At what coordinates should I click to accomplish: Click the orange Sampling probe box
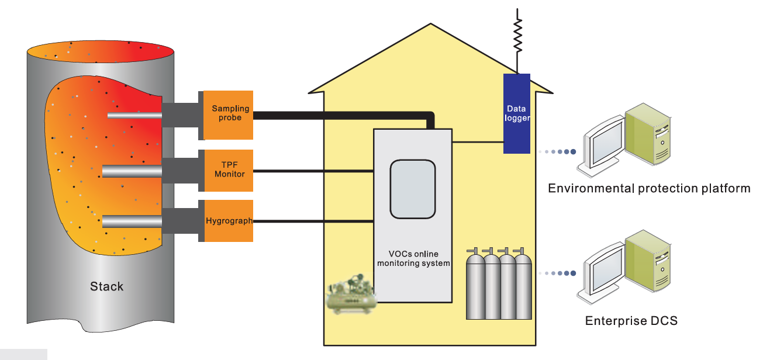tap(228, 115)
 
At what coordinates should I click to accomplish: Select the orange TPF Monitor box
tap(228, 170)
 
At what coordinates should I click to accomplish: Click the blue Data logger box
tap(517, 113)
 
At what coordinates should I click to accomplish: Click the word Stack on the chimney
tap(106, 286)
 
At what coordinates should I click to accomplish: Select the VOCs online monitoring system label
tap(413, 259)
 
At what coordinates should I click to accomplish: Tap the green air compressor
tap(350, 297)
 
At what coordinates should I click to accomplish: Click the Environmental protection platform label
tap(649, 188)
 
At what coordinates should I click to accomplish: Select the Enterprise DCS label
tap(631, 321)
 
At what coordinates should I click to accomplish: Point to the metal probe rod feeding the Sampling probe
tap(134, 115)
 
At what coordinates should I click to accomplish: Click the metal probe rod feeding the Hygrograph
tap(132, 221)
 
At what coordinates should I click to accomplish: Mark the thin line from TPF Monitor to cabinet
tap(313, 171)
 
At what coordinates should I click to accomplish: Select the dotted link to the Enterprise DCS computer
tap(557, 273)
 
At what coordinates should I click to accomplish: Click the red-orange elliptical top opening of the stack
tap(99, 52)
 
